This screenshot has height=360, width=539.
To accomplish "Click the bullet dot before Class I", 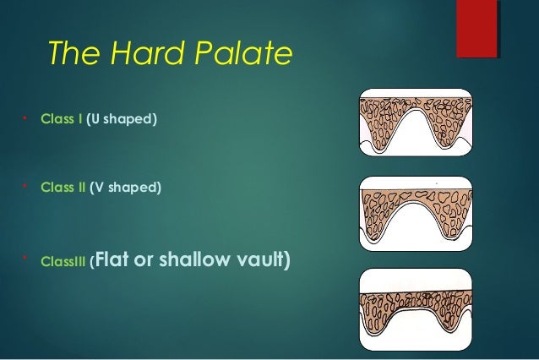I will [27, 117].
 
